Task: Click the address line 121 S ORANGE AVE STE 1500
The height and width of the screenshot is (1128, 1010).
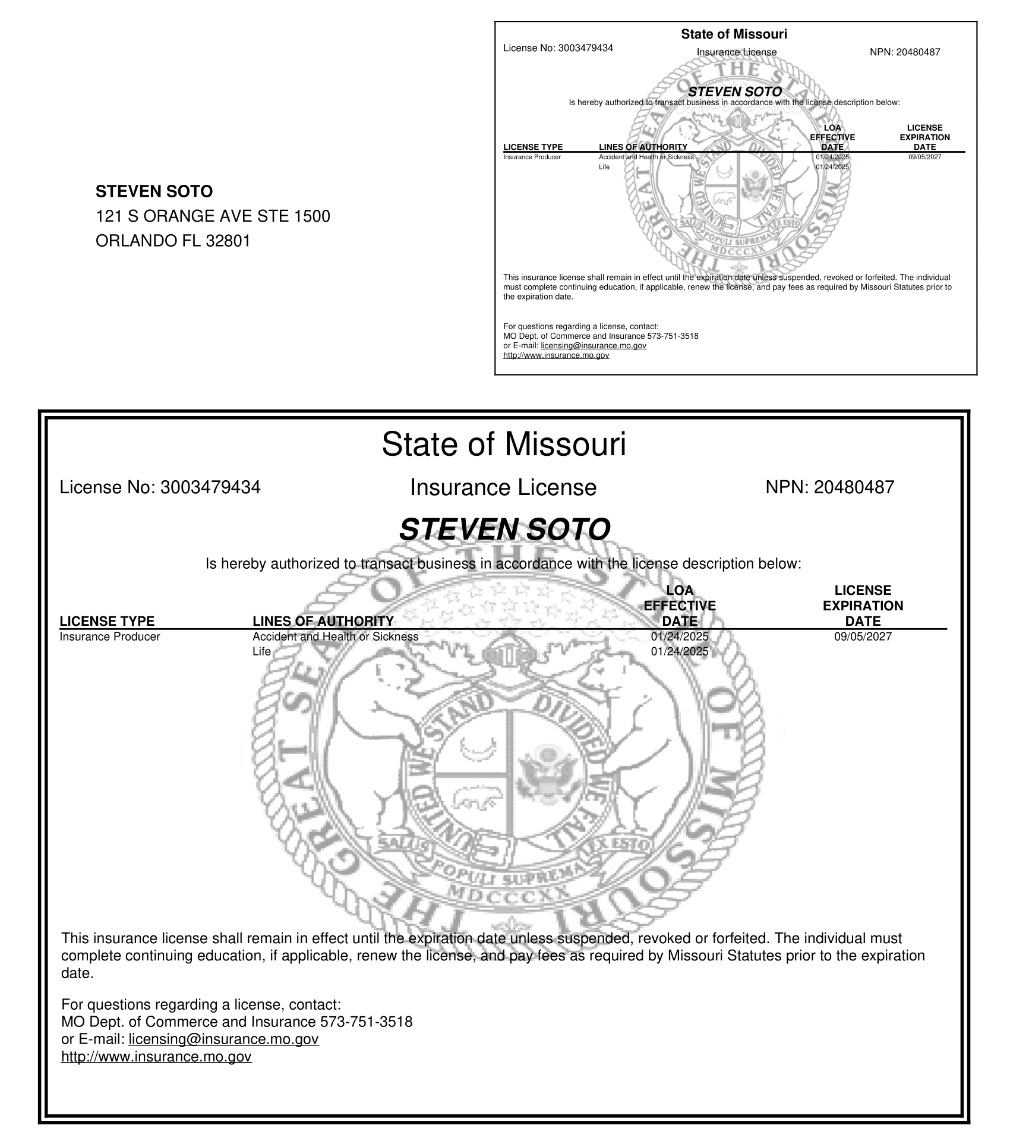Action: point(213,216)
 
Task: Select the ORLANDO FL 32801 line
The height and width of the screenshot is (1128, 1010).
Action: point(173,241)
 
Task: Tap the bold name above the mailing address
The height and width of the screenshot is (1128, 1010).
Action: point(154,191)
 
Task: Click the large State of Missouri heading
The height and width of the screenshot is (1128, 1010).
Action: point(504,444)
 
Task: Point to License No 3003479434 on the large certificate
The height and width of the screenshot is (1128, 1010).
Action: point(160,487)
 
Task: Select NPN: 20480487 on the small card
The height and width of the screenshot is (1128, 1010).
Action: point(904,52)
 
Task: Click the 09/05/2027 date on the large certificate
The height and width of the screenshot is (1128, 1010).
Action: point(863,637)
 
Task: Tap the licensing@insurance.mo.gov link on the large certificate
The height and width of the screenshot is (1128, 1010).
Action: point(223,1039)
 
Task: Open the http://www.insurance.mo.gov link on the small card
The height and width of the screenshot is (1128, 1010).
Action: point(555,355)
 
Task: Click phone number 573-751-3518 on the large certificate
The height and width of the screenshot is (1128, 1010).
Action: point(366,1022)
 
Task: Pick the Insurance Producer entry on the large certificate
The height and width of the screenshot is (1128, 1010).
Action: point(110,637)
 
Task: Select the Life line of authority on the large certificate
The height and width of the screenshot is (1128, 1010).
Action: point(261,651)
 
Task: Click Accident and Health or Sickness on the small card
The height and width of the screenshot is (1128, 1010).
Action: point(646,157)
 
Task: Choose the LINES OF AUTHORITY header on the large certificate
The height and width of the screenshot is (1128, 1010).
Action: point(323,621)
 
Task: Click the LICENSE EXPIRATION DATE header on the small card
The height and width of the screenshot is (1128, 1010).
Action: point(924,137)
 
